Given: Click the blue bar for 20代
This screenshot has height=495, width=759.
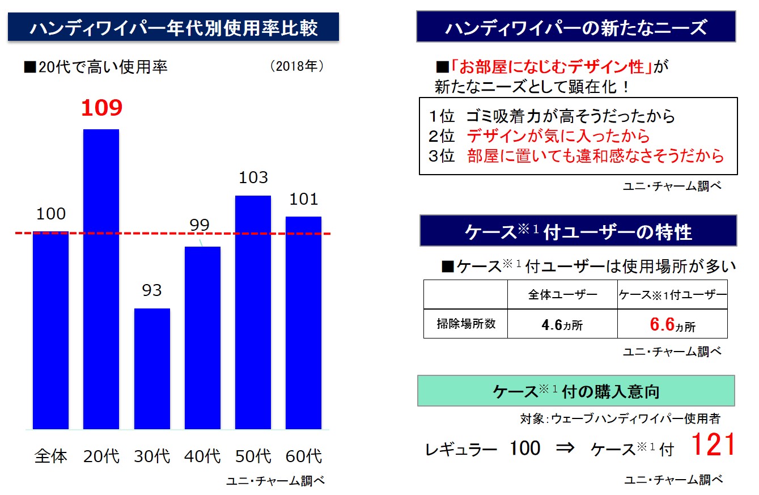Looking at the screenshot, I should (x=101, y=278).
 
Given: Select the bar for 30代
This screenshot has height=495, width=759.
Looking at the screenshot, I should (x=152, y=368).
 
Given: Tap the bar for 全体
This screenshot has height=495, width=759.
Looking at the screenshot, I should (x=50, y=330).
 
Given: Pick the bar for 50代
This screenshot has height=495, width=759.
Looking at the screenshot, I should (x=253, y=312).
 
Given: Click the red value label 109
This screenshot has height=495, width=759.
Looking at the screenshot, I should (x=101, y=108).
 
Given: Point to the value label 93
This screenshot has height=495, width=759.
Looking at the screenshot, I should (x=151, y=291).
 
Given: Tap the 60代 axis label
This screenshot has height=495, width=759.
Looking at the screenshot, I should (x=303, y=456).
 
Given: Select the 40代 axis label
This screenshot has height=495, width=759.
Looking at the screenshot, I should (x=202, y=456).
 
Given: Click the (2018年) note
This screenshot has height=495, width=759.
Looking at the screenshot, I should (x=296, y=67).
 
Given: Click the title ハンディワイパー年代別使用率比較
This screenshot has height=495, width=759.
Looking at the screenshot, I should (x=173, y=27).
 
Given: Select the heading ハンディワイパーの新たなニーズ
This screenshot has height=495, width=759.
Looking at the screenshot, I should (x=576, y=27).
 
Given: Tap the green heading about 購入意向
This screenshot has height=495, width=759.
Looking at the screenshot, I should (x=576, y=391).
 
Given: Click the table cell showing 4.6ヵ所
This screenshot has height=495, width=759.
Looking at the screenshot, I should (x=562, y=325).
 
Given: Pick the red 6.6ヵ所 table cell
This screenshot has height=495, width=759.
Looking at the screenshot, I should (x=672, y=325).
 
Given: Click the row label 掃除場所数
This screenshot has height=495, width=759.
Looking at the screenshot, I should (x=465, y=324).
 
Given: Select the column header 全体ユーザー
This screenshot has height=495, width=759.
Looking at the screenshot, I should (x=562, y=294).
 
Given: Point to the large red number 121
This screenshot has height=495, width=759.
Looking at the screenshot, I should (x=713, y=445).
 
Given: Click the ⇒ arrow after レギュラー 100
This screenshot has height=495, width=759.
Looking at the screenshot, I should (x=565, y=449).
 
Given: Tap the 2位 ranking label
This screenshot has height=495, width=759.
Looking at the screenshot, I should (x=442, y=136).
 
